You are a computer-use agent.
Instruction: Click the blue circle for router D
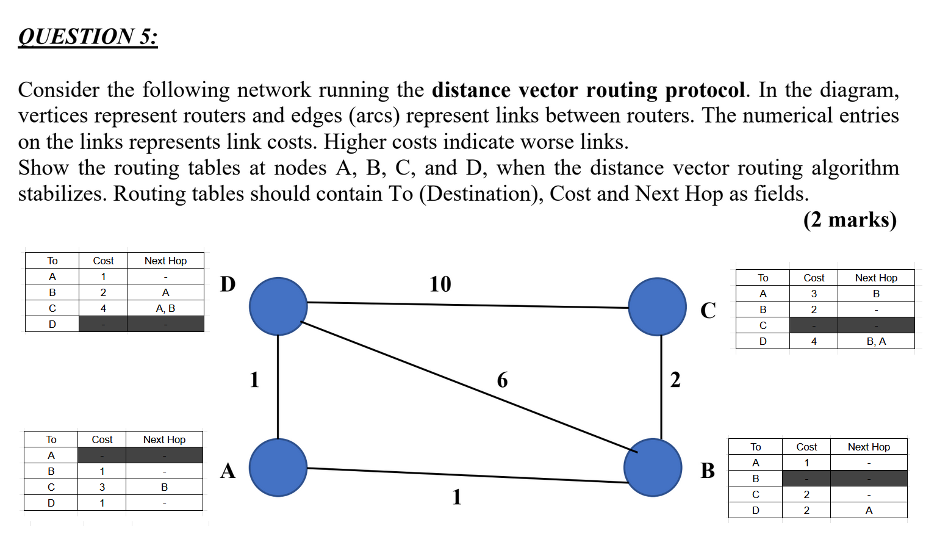[x=278, y=306]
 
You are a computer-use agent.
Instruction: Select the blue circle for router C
[x=657, y=306]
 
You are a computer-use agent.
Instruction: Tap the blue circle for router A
[x=278, y=468]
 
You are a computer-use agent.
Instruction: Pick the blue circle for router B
[x=653, y=468]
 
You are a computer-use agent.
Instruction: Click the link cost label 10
[x=440, y=284]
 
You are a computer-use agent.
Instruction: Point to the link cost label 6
[x=502, y=380]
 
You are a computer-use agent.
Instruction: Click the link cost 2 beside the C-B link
[x=675, y=380]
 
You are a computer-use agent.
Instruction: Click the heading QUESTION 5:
[x=88, y=37]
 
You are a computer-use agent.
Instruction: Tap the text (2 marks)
[x=850, y=220]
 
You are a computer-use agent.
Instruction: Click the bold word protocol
[x=705, y=90]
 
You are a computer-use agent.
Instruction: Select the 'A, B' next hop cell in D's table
[x=165, y=309]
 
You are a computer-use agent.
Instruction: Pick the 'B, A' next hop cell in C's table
[x=876, y=341]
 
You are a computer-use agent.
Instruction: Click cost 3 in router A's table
[x=102, y=487]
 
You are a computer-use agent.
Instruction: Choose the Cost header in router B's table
[x=806, y=447]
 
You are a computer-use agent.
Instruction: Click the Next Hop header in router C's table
[x=876, y=278]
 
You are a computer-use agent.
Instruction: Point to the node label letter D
[x=228, y=284]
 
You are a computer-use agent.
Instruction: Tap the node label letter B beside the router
[x=708, y=471]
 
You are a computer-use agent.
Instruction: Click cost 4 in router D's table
[x=103, y=309]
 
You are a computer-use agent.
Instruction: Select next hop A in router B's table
[x=869, y=510]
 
